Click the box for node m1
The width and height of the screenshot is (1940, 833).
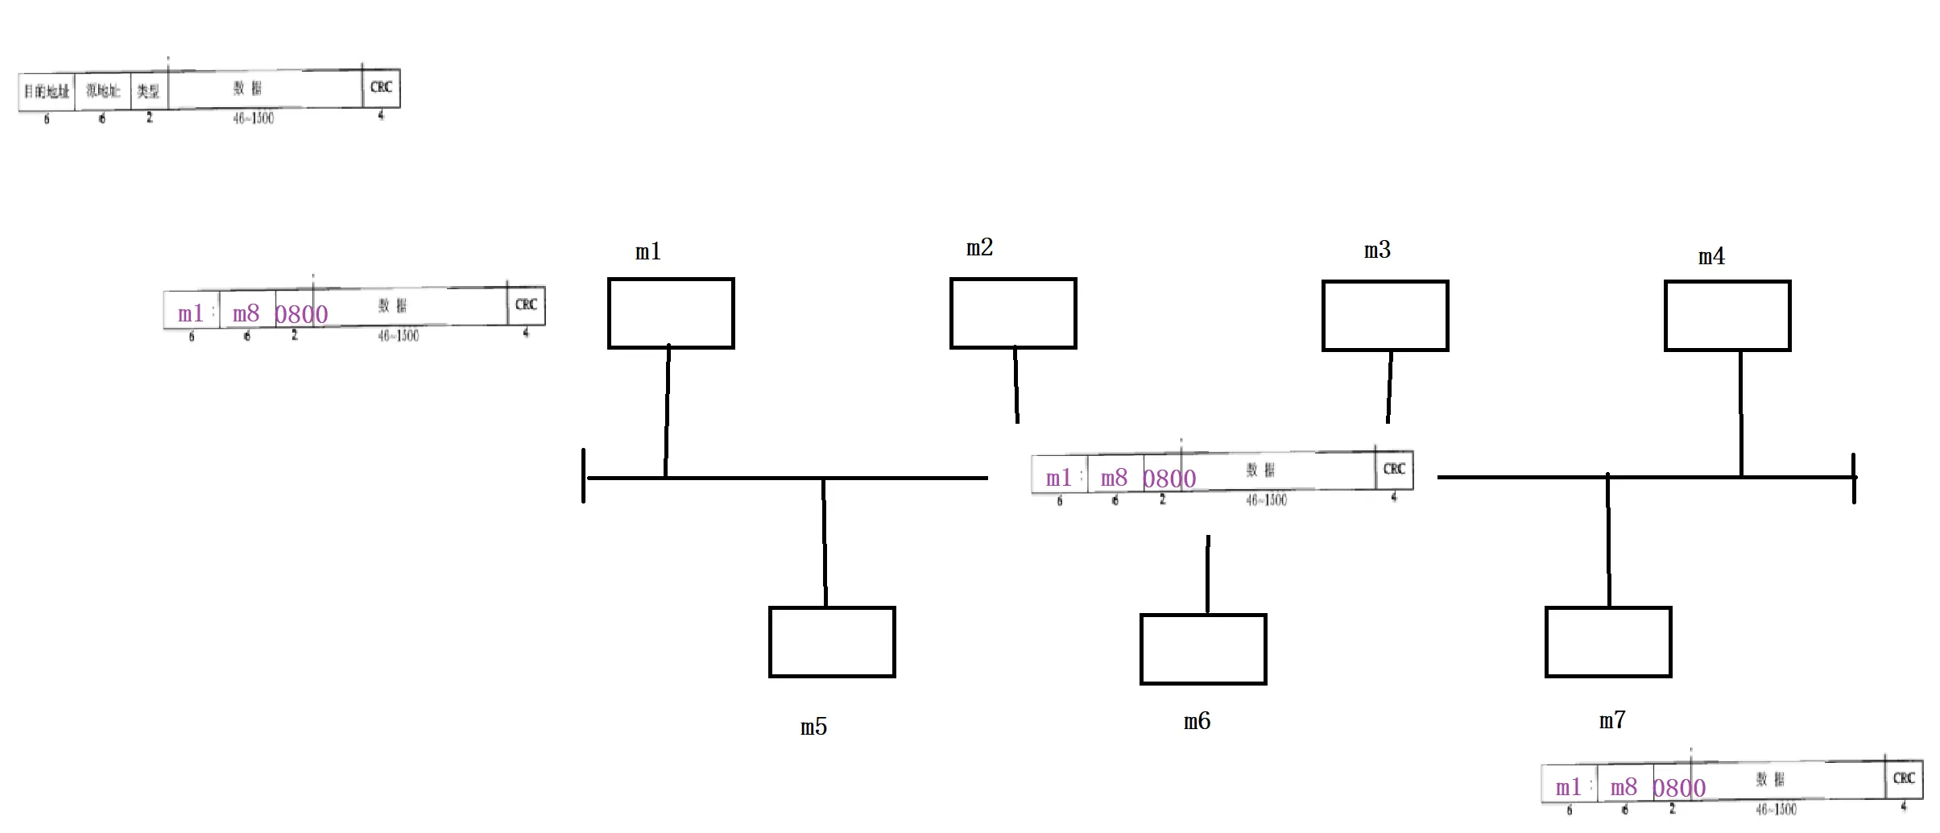[x=671, y=313]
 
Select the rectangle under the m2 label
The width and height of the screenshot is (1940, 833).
[x=1013, y=313]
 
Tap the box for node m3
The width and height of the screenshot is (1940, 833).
[x=1385, y=316]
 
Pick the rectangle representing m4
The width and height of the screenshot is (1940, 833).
[x=1727, y=316]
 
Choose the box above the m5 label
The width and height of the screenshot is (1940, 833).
[x=832, y=642]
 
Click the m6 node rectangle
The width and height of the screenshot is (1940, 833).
[x=1203, y=649]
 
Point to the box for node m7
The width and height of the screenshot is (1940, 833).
[x=1608, y=642]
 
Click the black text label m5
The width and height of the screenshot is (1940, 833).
[x=813, y=727]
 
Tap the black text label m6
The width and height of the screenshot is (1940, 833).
[x=1197, y=721]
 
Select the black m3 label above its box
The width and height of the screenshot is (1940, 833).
[x=1377, y=250]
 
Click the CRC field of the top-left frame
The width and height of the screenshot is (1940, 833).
[x=381, y=88]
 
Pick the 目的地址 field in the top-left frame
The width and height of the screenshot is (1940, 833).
[x=47, y=91]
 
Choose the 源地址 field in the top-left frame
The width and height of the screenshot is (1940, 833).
[x=103, y=90]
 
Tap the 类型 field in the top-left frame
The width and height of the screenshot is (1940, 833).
[x=148, y=91]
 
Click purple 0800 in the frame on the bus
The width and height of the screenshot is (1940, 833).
[x=1169, y=479]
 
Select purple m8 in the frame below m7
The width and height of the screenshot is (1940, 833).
[x=1624, y=787]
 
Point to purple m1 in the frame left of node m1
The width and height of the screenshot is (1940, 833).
[x=191, y=313]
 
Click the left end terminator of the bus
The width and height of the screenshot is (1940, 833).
[x=584, y=475]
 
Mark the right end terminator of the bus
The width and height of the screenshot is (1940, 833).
[x=1853, y=479]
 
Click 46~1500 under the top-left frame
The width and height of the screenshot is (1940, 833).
[x=254, y=118]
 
